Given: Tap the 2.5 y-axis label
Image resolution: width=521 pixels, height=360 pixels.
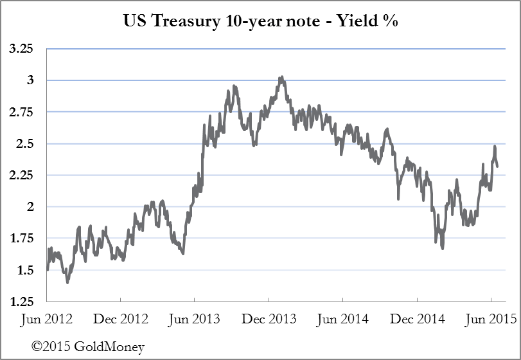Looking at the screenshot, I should coord(26,143).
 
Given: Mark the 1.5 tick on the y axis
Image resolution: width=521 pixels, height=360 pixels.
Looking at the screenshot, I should coord(26,270).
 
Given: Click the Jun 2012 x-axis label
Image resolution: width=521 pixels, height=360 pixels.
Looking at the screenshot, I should coord(47,319).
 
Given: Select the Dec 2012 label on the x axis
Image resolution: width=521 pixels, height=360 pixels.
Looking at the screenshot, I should coord(120,319).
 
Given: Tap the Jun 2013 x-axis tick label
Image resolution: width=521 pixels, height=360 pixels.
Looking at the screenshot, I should coord(195,319).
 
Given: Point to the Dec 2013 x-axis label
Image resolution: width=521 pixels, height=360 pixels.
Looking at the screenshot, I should coord(269,319).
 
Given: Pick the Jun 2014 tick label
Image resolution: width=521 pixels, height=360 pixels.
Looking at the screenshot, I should coord(343,319).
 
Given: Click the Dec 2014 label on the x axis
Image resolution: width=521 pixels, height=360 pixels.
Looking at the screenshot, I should coord(417,319).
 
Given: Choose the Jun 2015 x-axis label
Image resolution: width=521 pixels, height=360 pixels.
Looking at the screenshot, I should coord(491,319).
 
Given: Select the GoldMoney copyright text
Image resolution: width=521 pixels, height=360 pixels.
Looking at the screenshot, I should coord(88,347).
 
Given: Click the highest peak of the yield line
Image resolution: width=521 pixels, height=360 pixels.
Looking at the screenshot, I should coord(281,77).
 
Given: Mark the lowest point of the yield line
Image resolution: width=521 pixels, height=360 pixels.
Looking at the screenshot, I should coord(67,282).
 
